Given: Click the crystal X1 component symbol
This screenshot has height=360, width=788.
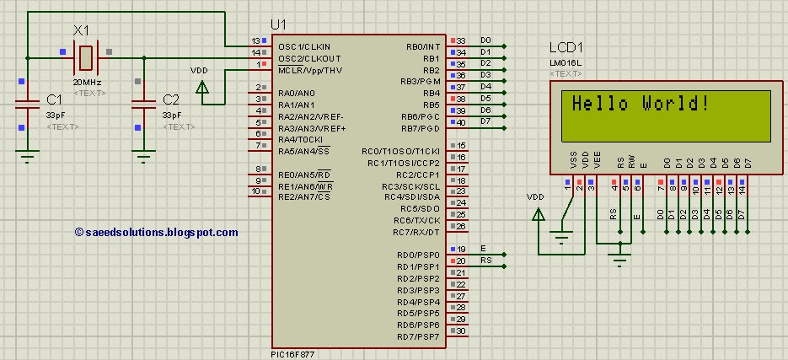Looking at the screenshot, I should pos(85,57).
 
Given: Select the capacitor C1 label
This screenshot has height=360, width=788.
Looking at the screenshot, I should pos(54,99).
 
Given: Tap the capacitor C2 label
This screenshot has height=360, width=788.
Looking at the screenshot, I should pos(170,99).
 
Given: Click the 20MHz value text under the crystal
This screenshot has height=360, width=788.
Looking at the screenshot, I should pos(88,83).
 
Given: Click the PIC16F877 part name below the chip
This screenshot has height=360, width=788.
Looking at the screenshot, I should pos(296,354).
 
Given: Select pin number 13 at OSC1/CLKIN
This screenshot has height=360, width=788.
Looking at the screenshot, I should pos(255,41).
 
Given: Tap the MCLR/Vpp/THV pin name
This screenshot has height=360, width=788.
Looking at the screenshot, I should pos(309,70).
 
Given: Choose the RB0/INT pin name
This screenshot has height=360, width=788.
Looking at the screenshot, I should pos(422,46).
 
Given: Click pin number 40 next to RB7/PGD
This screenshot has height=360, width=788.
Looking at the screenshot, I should pos(461,123).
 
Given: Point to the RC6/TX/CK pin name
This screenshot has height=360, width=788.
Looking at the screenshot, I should pos(416,220).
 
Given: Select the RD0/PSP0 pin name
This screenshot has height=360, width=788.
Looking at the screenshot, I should pos(418,255).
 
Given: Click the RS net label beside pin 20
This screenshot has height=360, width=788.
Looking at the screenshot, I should pos(485,261).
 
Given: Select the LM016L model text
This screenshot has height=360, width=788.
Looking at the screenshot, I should pos(566,63).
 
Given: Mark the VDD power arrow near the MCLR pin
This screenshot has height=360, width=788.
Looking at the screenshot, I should pos(201,85).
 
